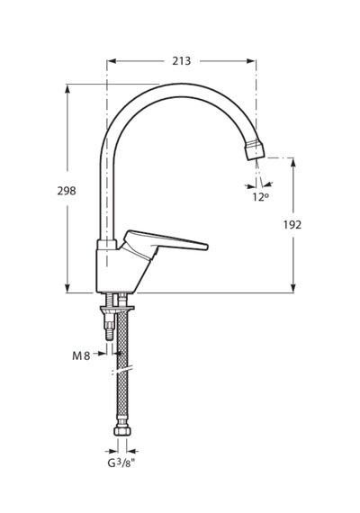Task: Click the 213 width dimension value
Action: click(x=182, y=61)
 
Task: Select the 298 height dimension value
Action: click(x=67, y=191)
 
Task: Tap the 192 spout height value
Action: click(x=292, y=225)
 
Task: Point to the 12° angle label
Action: click(x=260, y=197)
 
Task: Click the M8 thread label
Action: click(x=81, y=356)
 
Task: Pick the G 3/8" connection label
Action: click(x=121, y=463)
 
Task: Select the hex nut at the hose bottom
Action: click(x=122, y=430)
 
